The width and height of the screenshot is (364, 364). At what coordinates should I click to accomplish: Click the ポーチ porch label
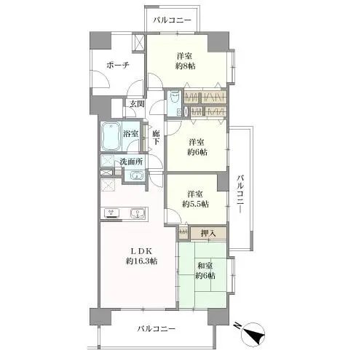[x=116, y=65]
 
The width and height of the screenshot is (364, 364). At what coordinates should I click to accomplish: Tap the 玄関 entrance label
[x=137, y=104]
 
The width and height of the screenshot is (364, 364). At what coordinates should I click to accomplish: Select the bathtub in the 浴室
[x=111, y=135]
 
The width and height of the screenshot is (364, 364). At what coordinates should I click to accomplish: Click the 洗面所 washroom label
[x=131, y=162]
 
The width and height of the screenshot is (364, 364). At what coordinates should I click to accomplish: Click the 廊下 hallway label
[x=155, y=138]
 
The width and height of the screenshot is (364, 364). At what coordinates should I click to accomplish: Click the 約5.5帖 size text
[x=196, y=205]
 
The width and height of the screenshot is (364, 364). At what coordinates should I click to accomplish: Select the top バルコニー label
[x=173, y=20]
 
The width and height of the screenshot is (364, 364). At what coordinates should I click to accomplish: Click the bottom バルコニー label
[x=157, y=329]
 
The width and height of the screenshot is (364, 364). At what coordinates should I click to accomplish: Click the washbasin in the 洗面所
[x=135, y=175]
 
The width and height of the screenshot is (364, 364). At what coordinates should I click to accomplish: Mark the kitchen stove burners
[x=113, y=213]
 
